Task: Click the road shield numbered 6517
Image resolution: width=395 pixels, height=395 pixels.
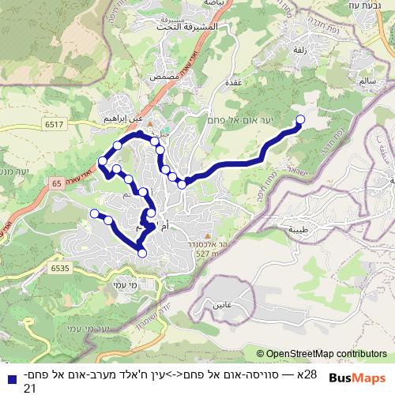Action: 55,125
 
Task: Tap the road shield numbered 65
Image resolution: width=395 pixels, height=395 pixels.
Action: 56,182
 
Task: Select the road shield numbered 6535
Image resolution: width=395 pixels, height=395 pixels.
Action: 58,268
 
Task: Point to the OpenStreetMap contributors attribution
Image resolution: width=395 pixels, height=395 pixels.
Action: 322,354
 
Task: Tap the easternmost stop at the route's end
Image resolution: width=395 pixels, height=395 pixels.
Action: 299,119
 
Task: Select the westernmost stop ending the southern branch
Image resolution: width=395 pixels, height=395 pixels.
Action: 94,213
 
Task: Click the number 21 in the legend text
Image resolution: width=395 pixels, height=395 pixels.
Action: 29,388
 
